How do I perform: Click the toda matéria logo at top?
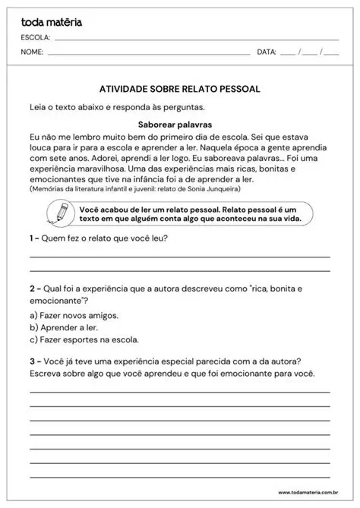pos(52,23)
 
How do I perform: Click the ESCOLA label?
pos(36,37)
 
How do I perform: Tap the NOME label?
pos(33,52)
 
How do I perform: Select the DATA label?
pos(267,52)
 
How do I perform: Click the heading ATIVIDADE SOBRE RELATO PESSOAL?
pos(179,89)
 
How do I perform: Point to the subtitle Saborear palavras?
pos(179,123)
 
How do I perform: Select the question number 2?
pos(33,289)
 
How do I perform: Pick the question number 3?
pos(33,361)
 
